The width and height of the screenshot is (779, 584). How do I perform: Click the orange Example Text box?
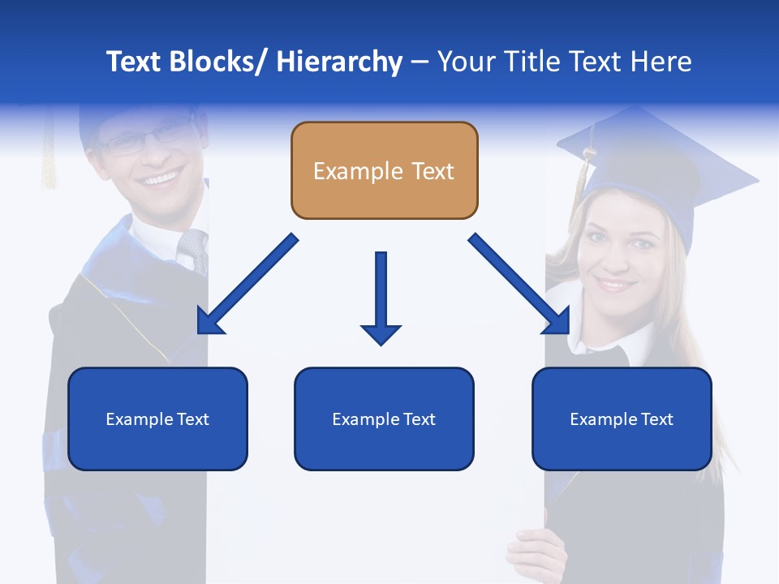[384, 170]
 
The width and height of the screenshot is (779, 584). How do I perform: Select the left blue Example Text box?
[157, 419]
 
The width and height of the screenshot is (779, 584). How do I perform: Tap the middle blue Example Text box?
[384, 419]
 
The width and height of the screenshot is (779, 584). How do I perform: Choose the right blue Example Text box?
[622, 419]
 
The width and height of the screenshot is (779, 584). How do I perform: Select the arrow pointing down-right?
[520, 285]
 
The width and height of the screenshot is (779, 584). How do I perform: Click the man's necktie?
[195, 247]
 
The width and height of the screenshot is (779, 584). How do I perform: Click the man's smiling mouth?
[161, 177]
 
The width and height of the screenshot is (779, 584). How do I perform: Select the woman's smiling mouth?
[614, 285]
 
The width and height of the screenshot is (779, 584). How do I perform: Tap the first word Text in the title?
[136, 62]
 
